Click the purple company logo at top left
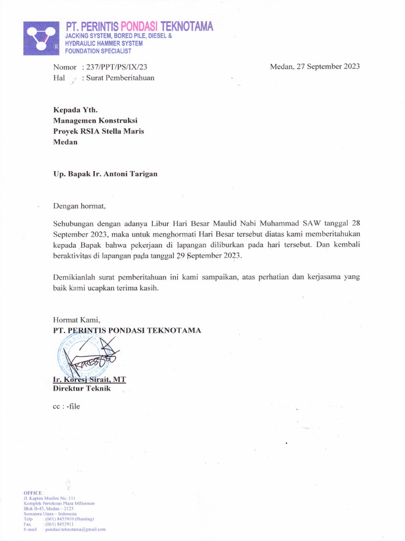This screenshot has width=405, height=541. pos(41,38)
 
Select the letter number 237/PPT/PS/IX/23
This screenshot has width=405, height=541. pos(114,67)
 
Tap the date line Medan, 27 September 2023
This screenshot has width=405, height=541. pos(315,67)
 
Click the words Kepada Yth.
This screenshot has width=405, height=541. pos(75,110)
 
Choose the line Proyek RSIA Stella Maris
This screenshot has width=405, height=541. pos(98,131)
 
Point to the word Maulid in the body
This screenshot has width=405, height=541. pos(225,223)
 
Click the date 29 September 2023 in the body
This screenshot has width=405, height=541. pos(208,255)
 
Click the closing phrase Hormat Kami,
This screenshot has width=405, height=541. pos(76,320)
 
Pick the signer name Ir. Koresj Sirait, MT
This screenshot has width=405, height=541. pos(89,380)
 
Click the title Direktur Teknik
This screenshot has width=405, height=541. pos(82,389)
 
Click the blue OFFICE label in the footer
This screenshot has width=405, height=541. pos(33,492)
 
